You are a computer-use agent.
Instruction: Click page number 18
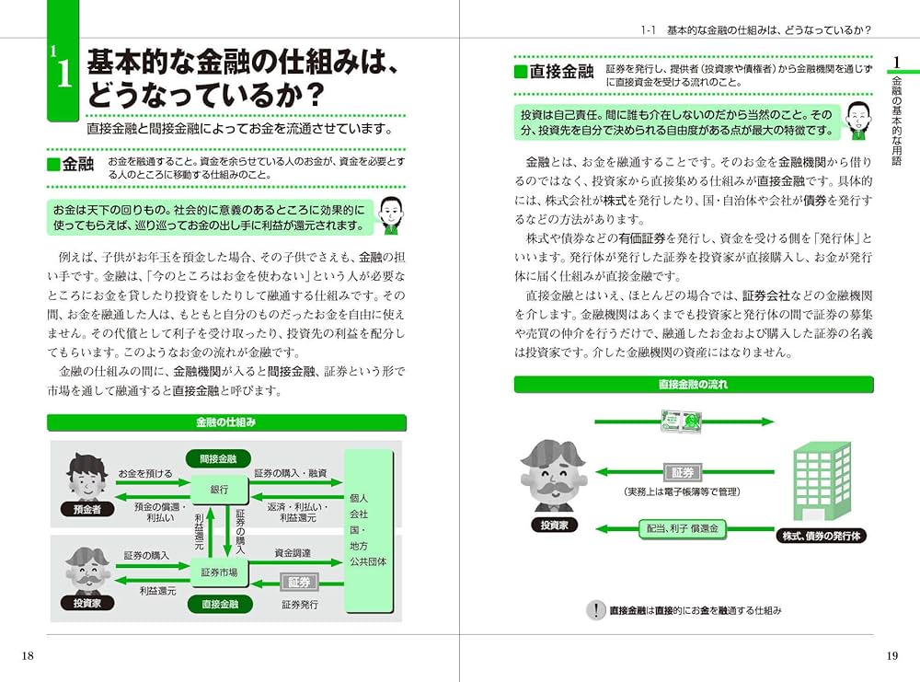28,654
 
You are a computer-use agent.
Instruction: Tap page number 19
891,655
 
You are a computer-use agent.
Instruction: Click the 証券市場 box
219,572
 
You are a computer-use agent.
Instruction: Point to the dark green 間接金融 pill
219,457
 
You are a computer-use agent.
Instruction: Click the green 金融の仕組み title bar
225,422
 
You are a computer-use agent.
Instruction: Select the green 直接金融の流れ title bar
693,385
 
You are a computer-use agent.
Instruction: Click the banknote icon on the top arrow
684,422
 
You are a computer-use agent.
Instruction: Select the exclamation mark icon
596,609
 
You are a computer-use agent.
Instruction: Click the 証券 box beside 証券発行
300,582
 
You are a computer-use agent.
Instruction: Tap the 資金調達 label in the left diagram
293,553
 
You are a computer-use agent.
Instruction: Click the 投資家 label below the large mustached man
553,525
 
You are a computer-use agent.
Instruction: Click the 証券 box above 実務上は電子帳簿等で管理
682,472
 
